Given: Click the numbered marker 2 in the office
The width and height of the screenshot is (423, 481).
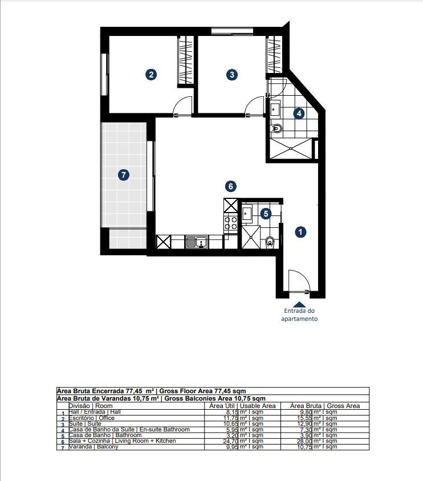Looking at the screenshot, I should point(151,74).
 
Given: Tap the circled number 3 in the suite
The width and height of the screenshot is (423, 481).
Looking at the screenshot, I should point(231,74).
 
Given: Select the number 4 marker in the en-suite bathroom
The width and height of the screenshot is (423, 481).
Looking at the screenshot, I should point(299,113).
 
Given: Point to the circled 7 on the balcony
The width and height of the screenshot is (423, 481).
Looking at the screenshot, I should point(123,175).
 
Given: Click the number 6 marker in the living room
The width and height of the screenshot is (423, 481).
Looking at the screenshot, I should point(231,186).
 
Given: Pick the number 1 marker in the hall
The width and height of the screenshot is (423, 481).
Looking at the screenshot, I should point(300,231).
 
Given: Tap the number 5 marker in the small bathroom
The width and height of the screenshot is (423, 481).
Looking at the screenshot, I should point(265,213).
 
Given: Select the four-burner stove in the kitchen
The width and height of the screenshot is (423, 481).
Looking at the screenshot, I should point(231,223).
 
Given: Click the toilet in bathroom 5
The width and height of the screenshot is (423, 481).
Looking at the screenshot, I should point(270,243).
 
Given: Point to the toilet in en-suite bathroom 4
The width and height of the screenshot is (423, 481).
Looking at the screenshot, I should point(276,128).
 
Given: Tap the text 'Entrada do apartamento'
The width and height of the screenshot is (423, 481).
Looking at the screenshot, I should point(299,315).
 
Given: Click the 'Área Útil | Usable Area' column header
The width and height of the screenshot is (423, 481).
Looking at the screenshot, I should point(242,406).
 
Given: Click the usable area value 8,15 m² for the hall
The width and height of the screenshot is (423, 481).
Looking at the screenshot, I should point(242,411).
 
